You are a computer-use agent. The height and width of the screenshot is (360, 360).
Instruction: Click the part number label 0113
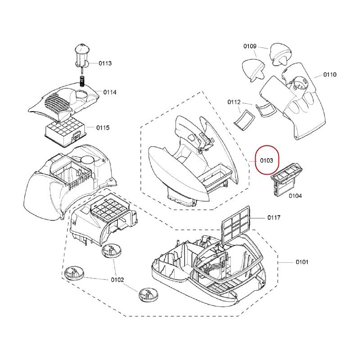coord(105,63)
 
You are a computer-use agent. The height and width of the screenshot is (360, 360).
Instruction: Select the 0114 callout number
coord(110,92)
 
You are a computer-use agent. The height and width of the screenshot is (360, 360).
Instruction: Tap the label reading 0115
coord(103,128)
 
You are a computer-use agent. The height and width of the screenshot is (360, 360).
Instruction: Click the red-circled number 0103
coord(266,160)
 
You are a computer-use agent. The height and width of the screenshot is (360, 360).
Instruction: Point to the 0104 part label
coord(295,196)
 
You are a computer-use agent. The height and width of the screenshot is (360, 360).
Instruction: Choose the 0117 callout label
coord(274,217)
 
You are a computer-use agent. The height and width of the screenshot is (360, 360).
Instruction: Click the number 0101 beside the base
coord(302,262)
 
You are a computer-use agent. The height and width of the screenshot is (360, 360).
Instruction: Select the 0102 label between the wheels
coord(117,279)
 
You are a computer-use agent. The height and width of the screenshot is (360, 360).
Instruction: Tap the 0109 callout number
coord(250,46)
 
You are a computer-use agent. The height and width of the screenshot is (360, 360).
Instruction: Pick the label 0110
coord(330,74)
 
